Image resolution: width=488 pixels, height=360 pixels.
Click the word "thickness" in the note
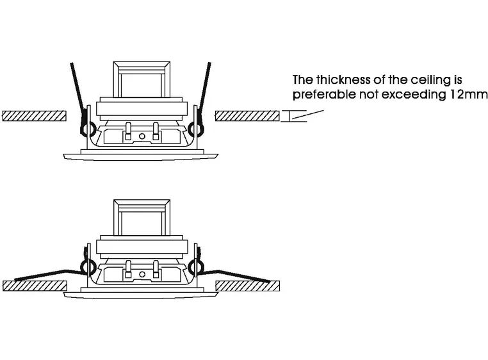click(x=343, y=80)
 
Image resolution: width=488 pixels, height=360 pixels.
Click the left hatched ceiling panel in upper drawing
click(x=34, y=116)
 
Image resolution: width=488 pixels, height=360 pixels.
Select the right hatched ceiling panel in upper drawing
click(x=247, y=116)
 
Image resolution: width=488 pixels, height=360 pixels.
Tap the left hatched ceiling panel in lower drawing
click(x=34, y=286)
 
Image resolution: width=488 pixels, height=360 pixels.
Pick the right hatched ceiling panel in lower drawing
click(x=248, y=286)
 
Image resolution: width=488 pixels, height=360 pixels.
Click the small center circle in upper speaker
click(x=142, y=136)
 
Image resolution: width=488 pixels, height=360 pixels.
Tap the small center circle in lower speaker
click(x=142, y=274)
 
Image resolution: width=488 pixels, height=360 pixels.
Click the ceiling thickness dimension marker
click(x=290, y=116)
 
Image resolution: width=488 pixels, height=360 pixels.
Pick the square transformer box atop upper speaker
click(x=142, y=79)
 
